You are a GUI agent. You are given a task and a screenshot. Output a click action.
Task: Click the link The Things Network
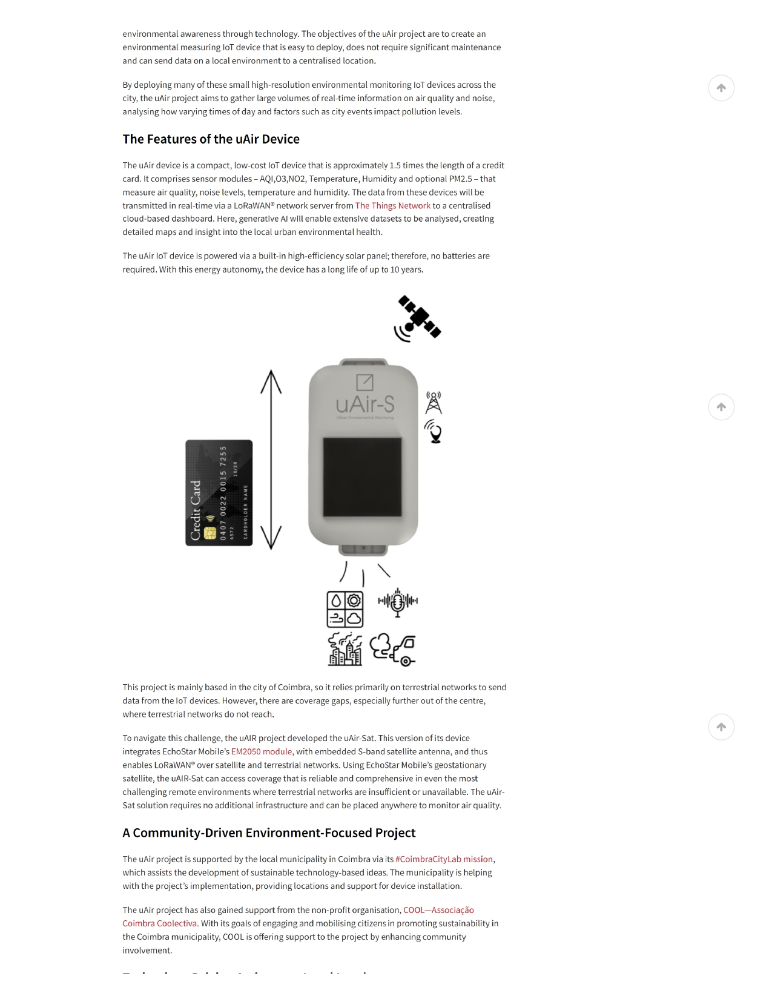point(392,206)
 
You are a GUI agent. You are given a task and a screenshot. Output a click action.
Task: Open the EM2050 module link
point(262,752)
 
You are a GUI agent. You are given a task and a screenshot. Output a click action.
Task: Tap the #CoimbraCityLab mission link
point(444,860)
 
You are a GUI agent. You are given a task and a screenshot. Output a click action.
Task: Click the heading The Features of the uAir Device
point(211,139)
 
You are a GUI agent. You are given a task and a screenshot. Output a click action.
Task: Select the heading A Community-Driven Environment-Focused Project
point(269,833)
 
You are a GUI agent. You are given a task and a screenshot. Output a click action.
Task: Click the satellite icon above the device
point(418,318)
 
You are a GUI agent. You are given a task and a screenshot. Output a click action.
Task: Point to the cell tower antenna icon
point(434,403)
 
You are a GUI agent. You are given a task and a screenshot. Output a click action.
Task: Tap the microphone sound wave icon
point(398,602)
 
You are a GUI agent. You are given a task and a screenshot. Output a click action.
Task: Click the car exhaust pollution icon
point(393,650)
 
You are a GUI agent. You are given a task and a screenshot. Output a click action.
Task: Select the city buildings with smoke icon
point(345,650)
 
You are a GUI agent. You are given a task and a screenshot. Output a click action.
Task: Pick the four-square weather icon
point(345,609)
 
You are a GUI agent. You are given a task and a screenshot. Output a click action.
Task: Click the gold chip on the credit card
point(210,533)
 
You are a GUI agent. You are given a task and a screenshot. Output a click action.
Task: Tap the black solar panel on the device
point(362,477)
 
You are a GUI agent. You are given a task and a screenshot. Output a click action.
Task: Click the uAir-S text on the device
point(365,404)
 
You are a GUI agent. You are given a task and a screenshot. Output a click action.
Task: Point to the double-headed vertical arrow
point(271,460)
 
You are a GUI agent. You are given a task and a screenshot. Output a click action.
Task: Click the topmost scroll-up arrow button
point(721,88)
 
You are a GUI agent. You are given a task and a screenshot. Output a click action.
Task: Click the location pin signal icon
point(434,432)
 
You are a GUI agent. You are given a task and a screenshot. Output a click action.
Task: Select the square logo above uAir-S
point(365,382)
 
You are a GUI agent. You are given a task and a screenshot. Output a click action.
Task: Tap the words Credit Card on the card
point(196,510)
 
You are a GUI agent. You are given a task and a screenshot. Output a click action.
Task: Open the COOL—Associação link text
point(438,911)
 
